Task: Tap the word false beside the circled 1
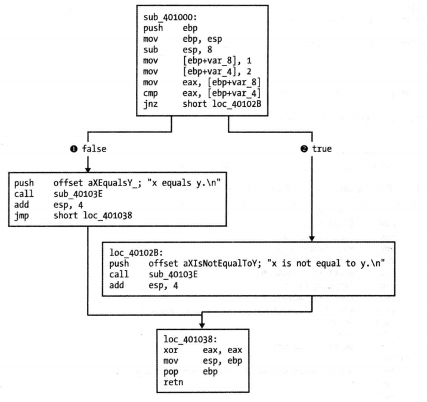click(94, 149)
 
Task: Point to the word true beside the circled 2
click(322, 149)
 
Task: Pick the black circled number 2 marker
click(304, 149)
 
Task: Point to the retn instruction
click(171, 381)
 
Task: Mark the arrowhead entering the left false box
click(87, 169)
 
